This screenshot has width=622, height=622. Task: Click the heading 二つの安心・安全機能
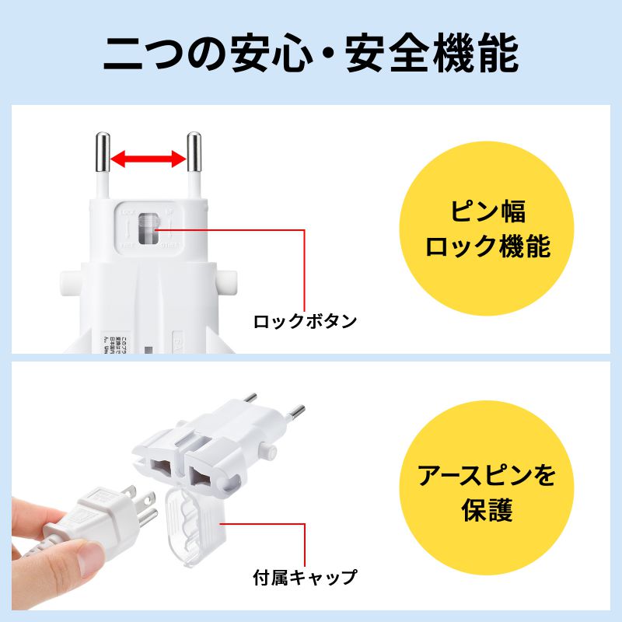tap(310, 52)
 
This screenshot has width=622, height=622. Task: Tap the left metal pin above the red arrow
tap(102, 152)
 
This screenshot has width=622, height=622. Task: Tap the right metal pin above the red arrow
tap(194, 152)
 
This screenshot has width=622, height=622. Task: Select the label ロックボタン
tap(306, 320)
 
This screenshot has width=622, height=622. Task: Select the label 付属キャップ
tap(305, 578)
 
